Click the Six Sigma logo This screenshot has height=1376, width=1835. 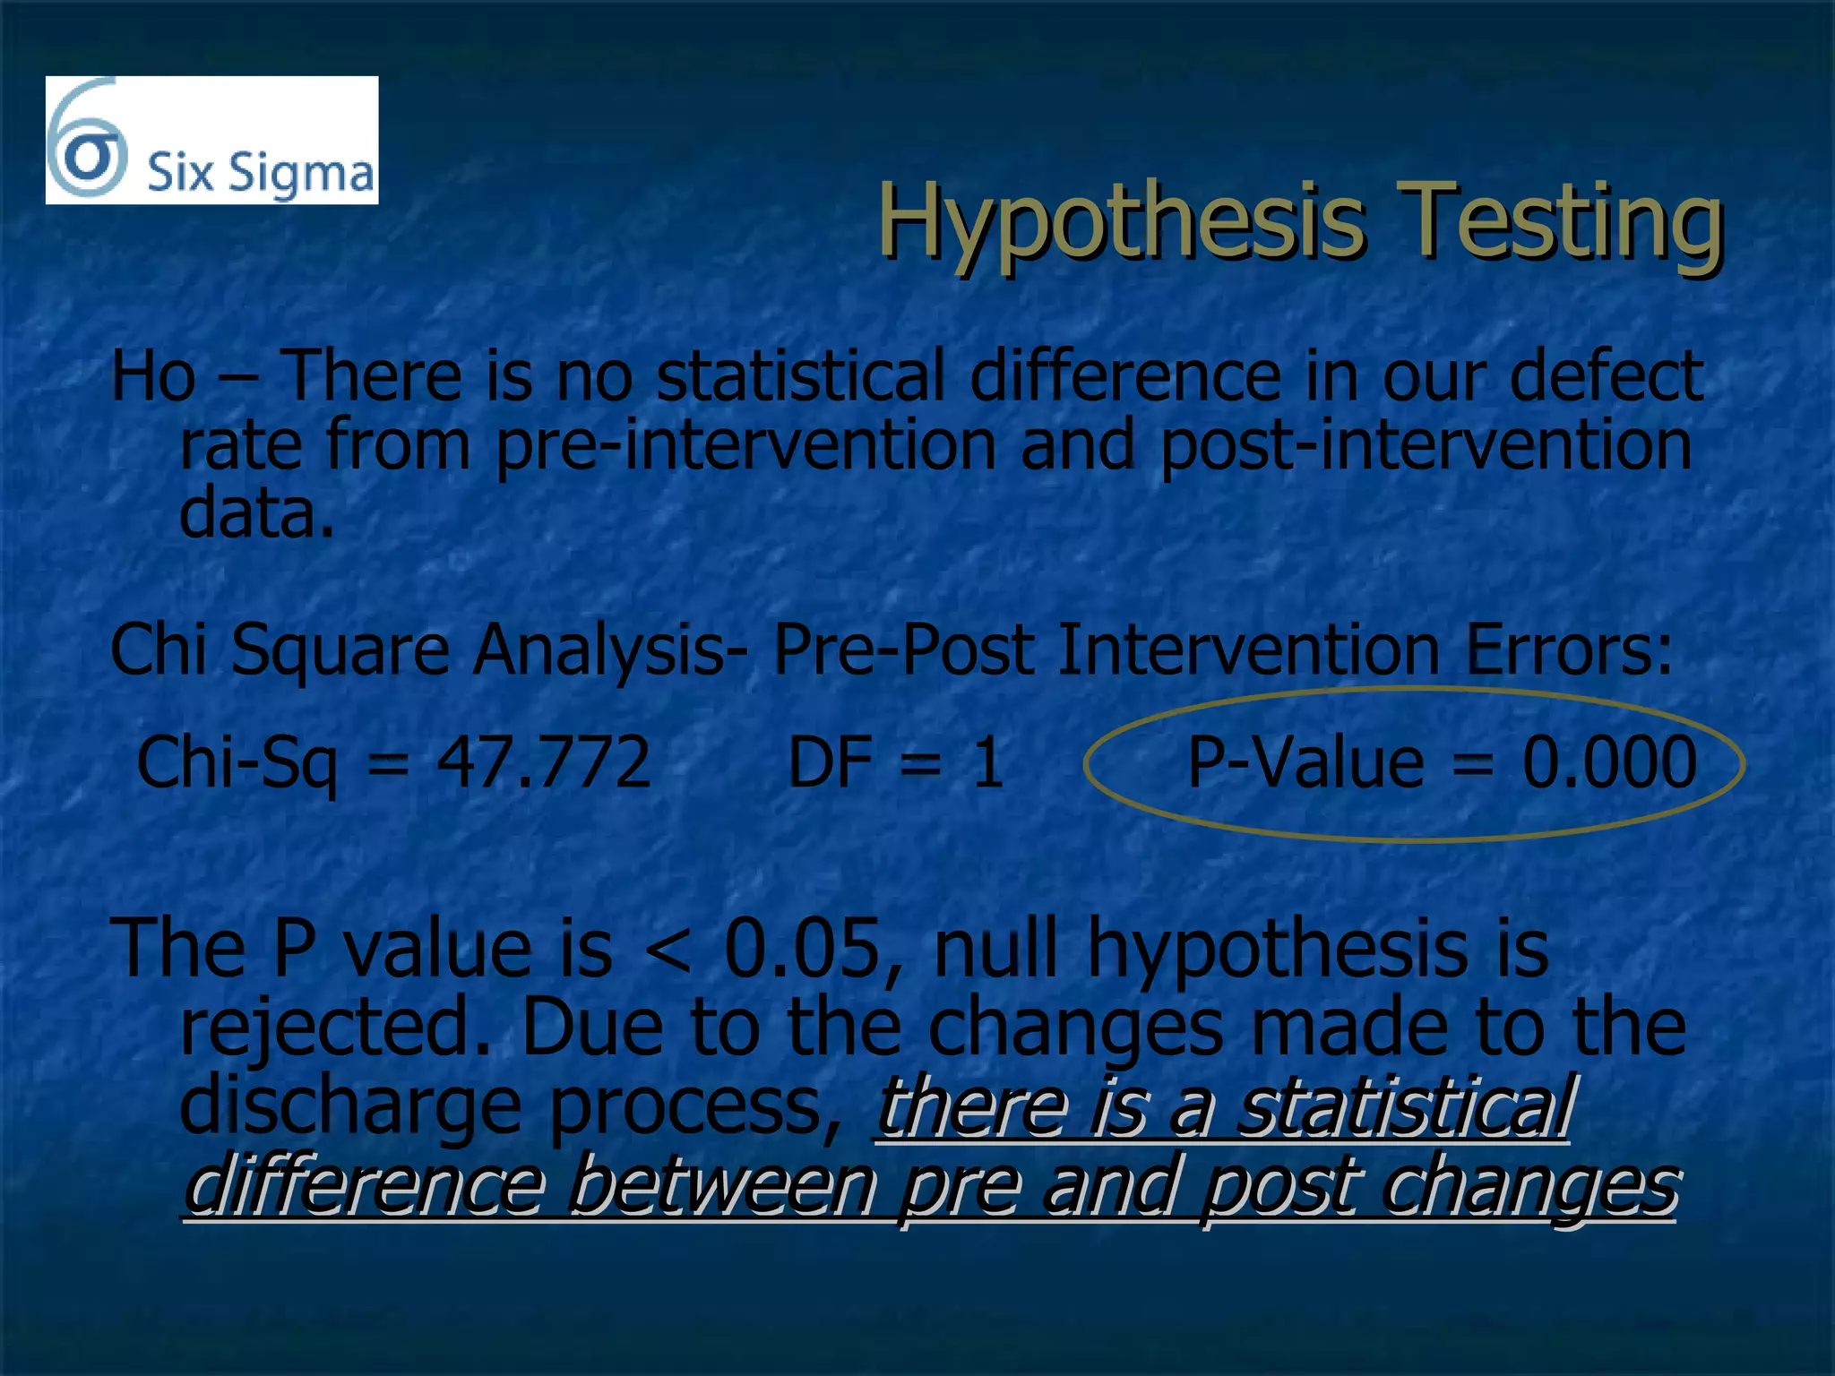coord(211,141)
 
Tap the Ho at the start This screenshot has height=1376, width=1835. coord(152,376)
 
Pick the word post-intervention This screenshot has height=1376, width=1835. coord(1425,445)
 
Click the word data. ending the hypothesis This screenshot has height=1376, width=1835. coord(256,514)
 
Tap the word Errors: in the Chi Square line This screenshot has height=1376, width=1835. coord(1568,649)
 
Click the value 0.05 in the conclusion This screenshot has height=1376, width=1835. coord(802,950)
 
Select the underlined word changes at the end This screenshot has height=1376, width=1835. coord(1529,1184)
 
